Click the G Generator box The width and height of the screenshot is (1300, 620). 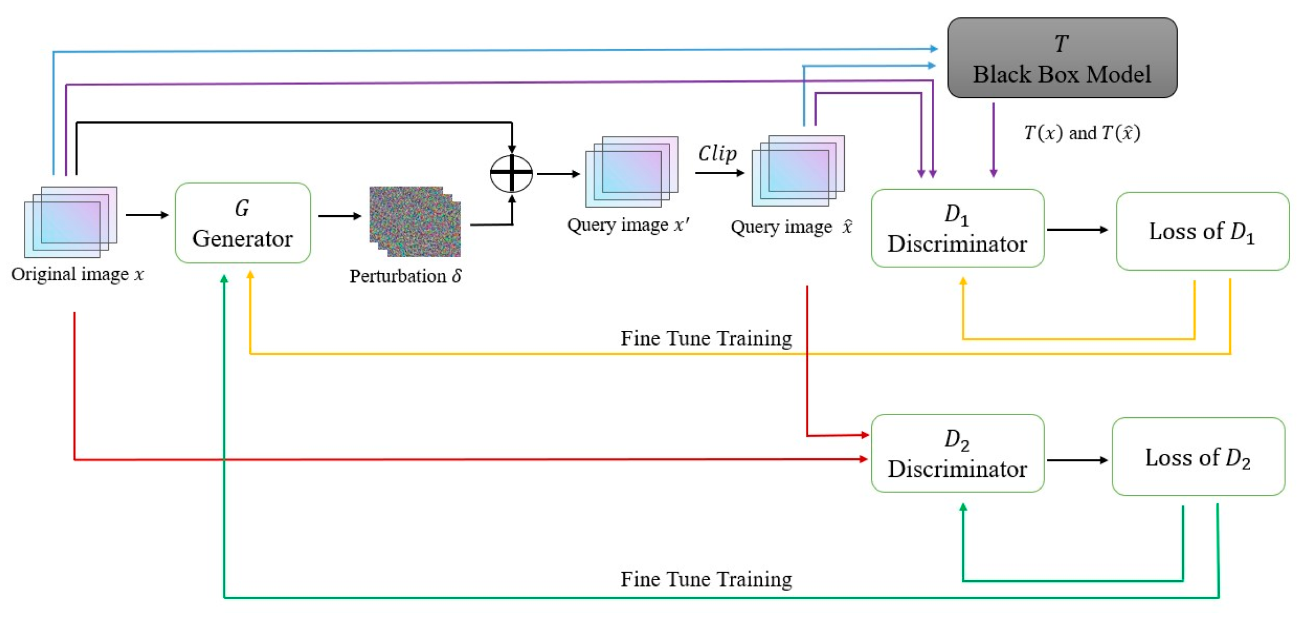click(x=242, y=223)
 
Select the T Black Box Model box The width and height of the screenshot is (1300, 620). click(x=1061, y=58)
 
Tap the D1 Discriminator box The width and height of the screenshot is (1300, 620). click(x=957, y=228)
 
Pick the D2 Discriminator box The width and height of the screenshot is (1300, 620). click(x=957, y=453)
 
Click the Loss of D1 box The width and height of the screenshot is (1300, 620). click(x=1202, y=231)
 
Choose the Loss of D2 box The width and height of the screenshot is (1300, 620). click(x=1198, y=457)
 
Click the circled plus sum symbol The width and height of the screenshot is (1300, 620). click(x=511, y=174)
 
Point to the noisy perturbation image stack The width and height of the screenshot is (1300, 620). click(x=415, y=222)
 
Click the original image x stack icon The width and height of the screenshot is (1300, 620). click(x=71, y=222)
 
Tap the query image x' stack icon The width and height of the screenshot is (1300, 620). click(x=631, y=171)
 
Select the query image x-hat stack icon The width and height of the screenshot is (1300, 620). click(x=798, y=170)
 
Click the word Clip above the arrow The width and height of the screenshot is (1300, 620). click(x=717, y=153)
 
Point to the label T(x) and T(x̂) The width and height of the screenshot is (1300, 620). click(x=1081, y=133)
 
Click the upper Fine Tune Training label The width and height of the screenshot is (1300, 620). click(x=706, y=338)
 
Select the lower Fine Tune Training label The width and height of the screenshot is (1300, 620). click(x=706, y=579)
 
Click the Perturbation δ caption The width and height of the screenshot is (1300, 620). click(x=405, y=276)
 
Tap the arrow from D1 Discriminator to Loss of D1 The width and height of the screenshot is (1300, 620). click(x=1077, y=230)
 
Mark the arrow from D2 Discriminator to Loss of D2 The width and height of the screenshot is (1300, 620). click(x=1077, y=460)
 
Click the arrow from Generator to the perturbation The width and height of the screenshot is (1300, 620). click(x=339, y=216)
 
